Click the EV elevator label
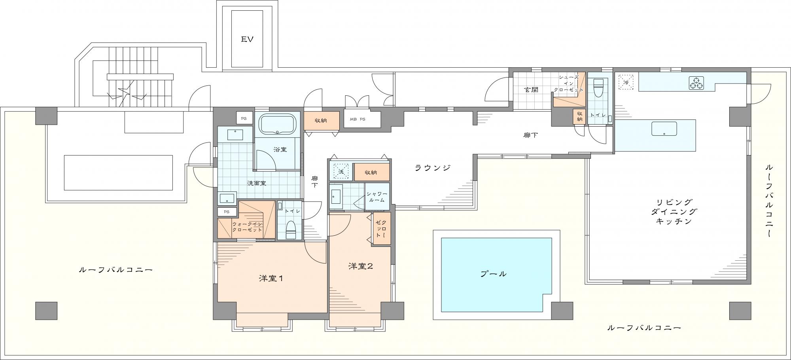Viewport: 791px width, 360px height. [247, 39]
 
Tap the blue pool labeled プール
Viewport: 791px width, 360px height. [496, 275]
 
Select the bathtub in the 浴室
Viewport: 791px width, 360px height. [277, 124]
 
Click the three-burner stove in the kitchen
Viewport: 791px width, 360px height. [697, 83]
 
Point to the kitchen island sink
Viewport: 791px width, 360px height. [664, 129]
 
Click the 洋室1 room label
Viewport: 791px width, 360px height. [271, 278]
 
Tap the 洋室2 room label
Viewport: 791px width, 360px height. [361, 266]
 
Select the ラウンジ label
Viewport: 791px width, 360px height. [433, 168]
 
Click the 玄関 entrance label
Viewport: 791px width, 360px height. [531, 90]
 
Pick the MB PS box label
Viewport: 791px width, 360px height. [357, 119]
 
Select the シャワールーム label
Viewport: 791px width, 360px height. [377, 197]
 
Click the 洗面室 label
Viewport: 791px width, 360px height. [257, 183]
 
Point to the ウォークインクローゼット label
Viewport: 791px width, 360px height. [247, 227]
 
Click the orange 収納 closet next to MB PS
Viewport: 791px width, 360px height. [321, 120]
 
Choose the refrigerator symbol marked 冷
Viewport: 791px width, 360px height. [626, 82]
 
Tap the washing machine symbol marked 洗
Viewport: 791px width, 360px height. [341, 171]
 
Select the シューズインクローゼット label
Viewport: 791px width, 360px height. [568, 83]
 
